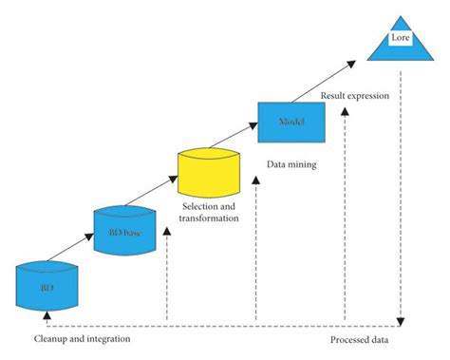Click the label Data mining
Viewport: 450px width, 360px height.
[x=291, y=164]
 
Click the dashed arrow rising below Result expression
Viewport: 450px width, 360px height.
[x=345, y=209]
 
